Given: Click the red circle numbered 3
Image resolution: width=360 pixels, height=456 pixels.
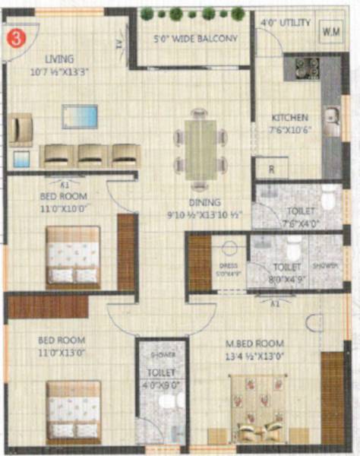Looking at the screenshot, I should coord(13,34).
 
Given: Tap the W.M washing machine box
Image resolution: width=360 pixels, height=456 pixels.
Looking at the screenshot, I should coord(330,31).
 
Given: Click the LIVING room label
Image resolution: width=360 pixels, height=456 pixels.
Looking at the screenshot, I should coord(59,59).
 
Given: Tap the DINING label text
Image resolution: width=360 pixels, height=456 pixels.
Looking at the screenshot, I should coord(206,203).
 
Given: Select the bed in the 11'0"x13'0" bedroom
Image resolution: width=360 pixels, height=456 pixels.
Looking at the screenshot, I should coord(74,409).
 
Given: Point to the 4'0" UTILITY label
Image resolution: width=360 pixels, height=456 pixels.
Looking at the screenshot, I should coord(286,24).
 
